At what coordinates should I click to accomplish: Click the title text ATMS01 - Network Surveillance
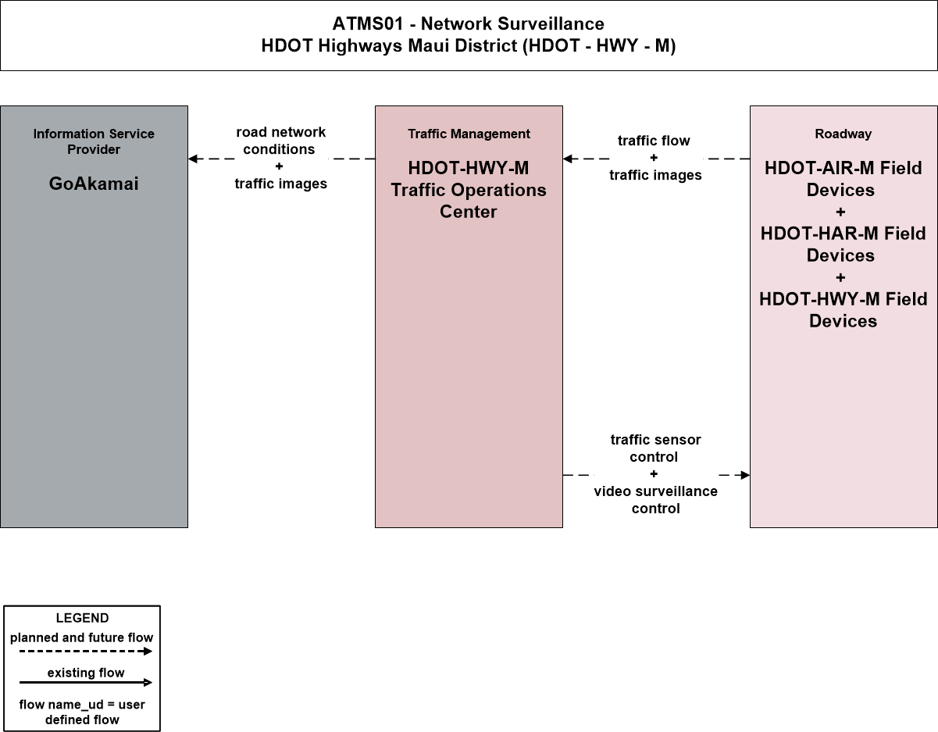[469, 23]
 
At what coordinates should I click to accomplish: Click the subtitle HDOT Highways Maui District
[469, 46]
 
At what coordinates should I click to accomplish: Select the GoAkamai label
[94, 184]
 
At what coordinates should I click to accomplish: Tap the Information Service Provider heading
[94, 141]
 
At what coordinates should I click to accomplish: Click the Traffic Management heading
[469, 134]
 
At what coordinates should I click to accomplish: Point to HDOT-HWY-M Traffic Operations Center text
[469, 190]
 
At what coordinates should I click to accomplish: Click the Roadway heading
[843, 134]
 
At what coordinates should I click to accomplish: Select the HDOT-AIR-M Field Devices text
[843, 179]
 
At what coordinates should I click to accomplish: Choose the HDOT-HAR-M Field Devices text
[843, 245]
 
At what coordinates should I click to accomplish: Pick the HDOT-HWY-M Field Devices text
[843, 310]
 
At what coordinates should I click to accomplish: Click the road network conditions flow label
[280, 141]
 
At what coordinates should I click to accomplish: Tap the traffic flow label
[654, 141]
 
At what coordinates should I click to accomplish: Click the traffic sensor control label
[655, 448]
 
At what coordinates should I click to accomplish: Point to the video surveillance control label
[655, 500]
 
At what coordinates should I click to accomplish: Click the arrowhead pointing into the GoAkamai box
[193, 159]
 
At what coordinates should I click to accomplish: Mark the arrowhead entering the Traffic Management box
[568, 159]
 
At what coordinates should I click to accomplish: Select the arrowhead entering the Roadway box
[745, 475]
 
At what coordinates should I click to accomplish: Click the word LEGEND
[82, 618]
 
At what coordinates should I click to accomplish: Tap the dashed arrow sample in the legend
[86, 652]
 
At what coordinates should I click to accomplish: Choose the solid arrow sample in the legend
[86, 682]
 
